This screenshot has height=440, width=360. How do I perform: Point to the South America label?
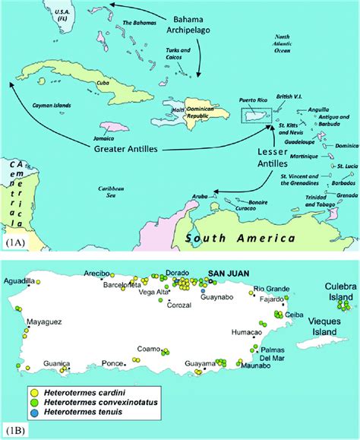click(x=238, y=239)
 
